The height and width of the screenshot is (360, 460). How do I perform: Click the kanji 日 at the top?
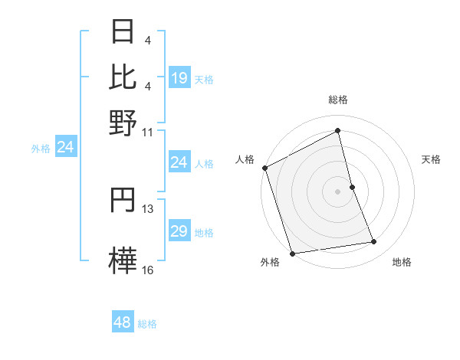(x=123, y=33)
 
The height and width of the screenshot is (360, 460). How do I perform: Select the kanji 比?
(x=123, y=77)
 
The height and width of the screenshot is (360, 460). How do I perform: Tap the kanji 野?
(x=123, y=122)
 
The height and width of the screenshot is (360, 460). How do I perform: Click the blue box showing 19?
(x=179, y=77)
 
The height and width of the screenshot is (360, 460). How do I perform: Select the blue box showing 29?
(x=179, y=231)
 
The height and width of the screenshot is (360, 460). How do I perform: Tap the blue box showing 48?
(x=123, y=322)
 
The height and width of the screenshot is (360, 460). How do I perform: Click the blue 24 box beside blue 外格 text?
(x=66, y=148)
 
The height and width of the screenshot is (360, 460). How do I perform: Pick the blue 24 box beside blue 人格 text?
(x=179, y=162)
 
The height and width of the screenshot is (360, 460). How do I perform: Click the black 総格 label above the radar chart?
(x=338, y=100)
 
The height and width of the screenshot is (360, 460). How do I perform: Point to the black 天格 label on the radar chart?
(x=432, y=159)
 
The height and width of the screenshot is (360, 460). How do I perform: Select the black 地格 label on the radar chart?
(x=402, y=263)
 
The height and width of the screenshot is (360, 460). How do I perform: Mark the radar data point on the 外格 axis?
(x=292, y=253)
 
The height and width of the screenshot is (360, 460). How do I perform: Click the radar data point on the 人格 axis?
(x=264, y=168)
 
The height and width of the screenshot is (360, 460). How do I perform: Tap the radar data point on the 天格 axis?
(x=352, y=186)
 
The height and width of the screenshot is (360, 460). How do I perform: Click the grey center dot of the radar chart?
(x=338, y=191)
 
